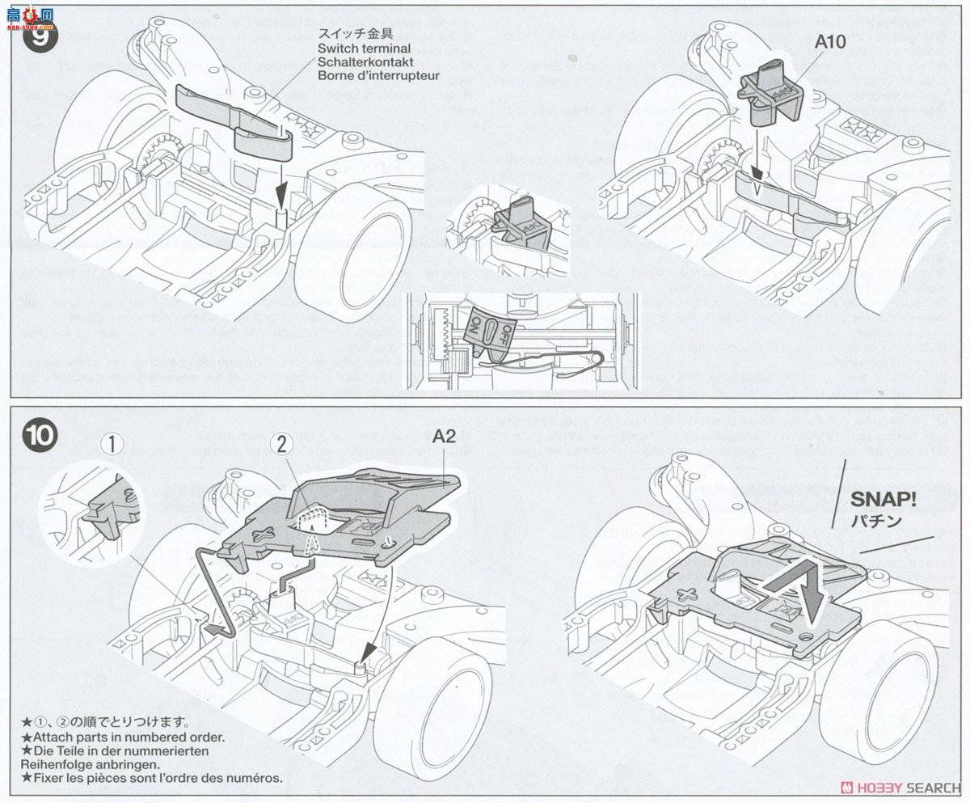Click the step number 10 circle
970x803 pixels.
40,436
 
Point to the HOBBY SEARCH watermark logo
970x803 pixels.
899,788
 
